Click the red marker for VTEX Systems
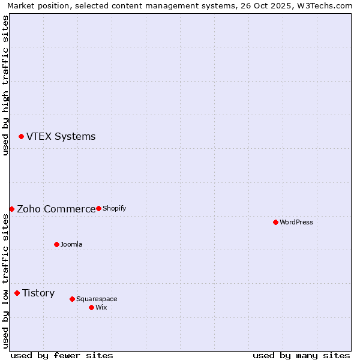[x=21, y=137]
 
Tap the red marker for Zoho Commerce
[x=11, y=209]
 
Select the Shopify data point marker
[x=98, y=208]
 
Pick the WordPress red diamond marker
[x=275, y=222]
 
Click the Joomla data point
[x=56, y=244]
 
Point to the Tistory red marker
[x=17, y=293]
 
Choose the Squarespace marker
[x=72, y=299]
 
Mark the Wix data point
[x=91, y=307]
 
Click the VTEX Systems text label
[x=61, y=136]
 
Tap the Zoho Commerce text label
[x=56, y=209]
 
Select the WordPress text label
[x=296, y=222]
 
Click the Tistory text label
[x=38, y=293]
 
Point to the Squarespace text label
[x=97, y=299]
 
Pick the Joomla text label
[x=71, y=244]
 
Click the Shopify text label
[x=114, y=208]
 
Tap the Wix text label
[x=101, y=307]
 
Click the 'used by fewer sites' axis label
[x=62, y=355]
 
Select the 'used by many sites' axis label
[x=301, y=355]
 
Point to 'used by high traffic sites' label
[x=5, y=85]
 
